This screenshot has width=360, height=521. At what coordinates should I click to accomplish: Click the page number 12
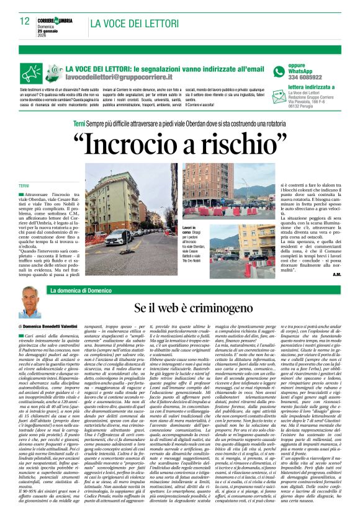pos(24,21)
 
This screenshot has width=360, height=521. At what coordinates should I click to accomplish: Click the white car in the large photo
pos(117,239)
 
